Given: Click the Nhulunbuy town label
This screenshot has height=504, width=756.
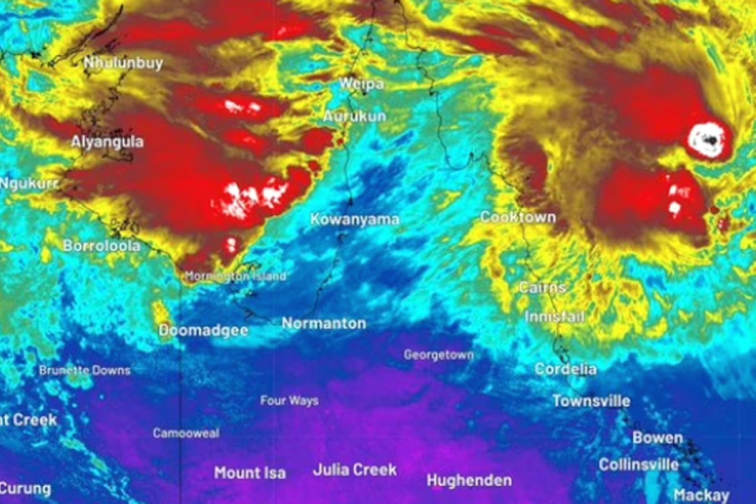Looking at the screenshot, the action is coord(123,63).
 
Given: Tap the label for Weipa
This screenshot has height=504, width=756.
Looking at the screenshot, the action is coord(361,84).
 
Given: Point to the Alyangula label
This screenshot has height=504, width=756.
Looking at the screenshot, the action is coord(107,142).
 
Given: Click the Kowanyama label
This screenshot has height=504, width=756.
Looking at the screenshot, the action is coord(355,219).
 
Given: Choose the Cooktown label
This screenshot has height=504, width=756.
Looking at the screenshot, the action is coord(518,217).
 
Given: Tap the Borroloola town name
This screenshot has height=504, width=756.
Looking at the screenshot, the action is coord(101,246).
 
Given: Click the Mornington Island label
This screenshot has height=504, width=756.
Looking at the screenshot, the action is coord(235,277).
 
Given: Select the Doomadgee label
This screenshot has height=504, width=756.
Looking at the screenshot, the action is coord(203,330).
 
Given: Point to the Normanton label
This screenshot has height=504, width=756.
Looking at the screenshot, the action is coord(324,323).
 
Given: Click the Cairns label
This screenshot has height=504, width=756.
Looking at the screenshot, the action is coord(542,287).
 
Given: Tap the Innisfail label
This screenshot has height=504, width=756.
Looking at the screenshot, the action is coord(554,316).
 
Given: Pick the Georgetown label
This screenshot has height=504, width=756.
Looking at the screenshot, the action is coord(438,355).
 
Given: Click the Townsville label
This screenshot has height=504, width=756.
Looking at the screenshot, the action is coord(591,400).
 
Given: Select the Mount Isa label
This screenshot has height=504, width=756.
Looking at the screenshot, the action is coord(249,473).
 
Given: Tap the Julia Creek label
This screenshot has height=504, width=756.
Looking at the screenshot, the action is coord(355,469).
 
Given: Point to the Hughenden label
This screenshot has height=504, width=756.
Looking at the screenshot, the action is coord(469,480).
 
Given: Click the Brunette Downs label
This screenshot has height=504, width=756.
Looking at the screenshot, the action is coord(85,371).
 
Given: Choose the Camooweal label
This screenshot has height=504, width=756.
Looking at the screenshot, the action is coord(185,433).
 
